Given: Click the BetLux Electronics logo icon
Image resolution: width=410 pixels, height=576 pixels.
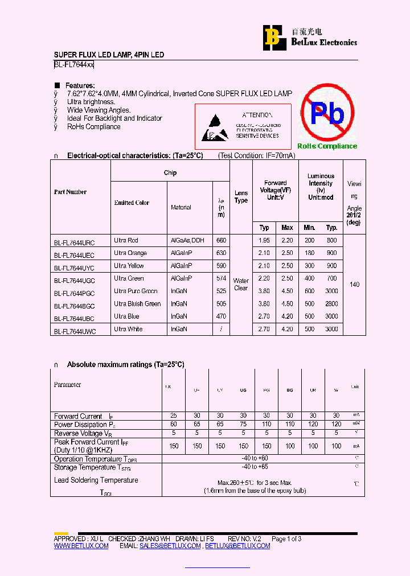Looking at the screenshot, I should click(272, 38).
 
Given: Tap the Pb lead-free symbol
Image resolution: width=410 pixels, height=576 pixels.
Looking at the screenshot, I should click(327, 113).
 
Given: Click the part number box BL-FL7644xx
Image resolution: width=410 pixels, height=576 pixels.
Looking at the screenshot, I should click(74, 65).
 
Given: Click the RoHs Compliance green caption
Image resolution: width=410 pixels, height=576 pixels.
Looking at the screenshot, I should click(327, 146).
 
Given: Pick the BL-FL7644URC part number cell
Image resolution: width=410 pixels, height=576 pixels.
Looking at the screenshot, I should click(75, 242).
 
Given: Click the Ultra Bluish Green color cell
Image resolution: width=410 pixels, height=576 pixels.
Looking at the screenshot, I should click(137, 304).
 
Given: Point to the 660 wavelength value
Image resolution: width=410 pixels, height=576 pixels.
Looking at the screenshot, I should click(221, 241).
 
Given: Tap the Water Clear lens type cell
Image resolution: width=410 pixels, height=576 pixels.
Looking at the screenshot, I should click(241, 284).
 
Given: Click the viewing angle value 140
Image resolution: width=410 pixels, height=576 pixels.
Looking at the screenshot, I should click(354, 284).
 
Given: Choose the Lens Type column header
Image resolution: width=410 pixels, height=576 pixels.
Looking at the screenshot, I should click(241, 197).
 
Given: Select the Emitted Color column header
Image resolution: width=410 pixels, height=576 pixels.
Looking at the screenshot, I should click(132, 203).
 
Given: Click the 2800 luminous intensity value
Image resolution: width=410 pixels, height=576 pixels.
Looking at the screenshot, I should click(331, 304).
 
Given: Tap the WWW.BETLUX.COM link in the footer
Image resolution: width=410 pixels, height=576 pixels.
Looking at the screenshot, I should click(81, 546).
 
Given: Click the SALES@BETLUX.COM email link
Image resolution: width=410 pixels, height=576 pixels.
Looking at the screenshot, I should click(170, 546).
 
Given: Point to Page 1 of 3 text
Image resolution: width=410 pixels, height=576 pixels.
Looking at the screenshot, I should click(286, 539).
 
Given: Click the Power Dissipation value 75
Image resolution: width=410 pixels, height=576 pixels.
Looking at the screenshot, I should click(243, 425).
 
